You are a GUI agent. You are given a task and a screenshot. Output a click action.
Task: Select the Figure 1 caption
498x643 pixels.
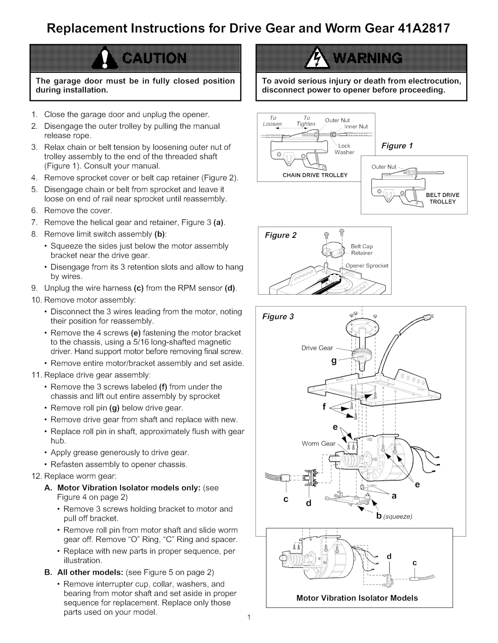click(397, 146)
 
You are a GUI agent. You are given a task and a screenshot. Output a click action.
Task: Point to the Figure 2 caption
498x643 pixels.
click(280, 235)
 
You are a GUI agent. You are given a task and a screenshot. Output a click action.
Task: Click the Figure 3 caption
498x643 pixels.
click(278, 317)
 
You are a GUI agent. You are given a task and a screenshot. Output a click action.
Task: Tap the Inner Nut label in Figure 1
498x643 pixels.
click(356, 127)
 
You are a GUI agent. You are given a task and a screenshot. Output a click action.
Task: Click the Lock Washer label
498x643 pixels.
click(344, 149)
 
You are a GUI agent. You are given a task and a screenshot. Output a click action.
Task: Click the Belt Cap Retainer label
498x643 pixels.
click(361, 250)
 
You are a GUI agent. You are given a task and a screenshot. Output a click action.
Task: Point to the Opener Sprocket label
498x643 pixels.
click(366, 266)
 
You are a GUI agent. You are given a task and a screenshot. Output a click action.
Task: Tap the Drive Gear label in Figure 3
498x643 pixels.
click(317, 348)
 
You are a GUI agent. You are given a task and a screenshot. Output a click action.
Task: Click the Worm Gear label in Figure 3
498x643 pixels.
click(318, 444)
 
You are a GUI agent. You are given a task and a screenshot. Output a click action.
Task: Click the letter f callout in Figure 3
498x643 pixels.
click(324, 407)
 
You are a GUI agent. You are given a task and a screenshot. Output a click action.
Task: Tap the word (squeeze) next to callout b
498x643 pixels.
click(398, 516)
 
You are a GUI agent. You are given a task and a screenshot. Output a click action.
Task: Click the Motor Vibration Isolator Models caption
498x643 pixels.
click(357, 598)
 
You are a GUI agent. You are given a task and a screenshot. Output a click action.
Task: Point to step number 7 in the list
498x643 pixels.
click(34, 223)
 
